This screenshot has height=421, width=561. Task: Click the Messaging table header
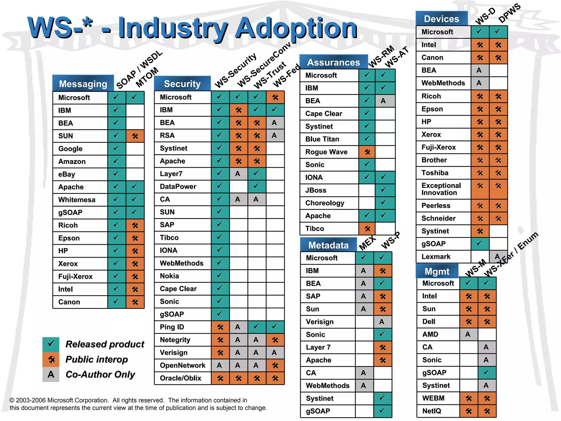point(83,84)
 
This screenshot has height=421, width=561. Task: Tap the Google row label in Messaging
point(70,149)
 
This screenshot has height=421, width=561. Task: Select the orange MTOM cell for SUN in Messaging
point(135,136)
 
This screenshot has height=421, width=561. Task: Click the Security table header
point(182,84)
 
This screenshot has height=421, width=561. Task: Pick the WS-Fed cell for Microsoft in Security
point(275,97)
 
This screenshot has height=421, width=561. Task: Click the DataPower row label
point(178,187)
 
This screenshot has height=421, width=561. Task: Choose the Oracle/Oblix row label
point(181,378)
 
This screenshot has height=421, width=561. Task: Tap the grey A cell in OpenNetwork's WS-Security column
point(220,365)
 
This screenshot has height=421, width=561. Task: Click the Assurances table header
point(333,62)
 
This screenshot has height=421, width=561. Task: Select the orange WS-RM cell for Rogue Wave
point(367,152)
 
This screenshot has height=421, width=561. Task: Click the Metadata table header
point(328,245)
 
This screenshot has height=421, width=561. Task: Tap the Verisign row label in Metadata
point(320,322)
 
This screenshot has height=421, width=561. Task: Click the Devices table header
point(441,19)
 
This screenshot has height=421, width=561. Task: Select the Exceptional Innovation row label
point(441,189)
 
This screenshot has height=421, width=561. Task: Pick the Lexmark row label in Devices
point(436,257)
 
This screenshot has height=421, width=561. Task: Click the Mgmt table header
point(437,271)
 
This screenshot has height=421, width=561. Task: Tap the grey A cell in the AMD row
point(468,334)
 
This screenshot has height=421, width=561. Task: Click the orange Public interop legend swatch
point(51,359)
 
